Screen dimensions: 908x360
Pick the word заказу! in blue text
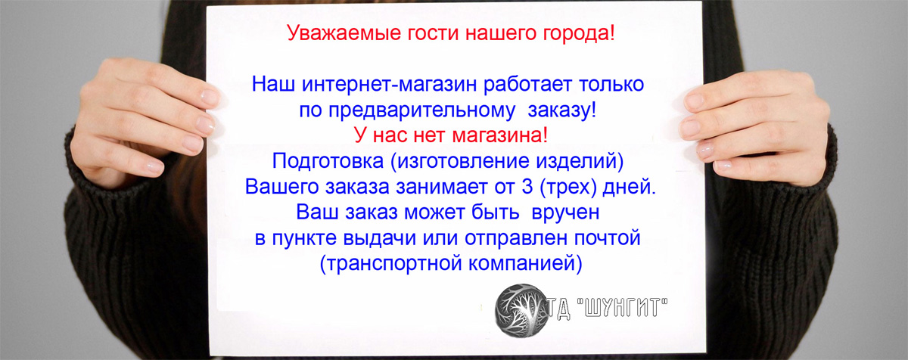561,110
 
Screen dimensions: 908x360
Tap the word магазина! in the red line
499,135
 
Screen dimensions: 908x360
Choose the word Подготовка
328,161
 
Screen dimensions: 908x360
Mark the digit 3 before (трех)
527,187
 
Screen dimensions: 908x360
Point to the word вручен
565,213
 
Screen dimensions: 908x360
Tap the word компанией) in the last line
525,264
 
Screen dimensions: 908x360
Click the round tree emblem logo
523,311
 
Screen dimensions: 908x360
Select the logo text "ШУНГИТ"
622,309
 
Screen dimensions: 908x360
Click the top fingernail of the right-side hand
694,101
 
